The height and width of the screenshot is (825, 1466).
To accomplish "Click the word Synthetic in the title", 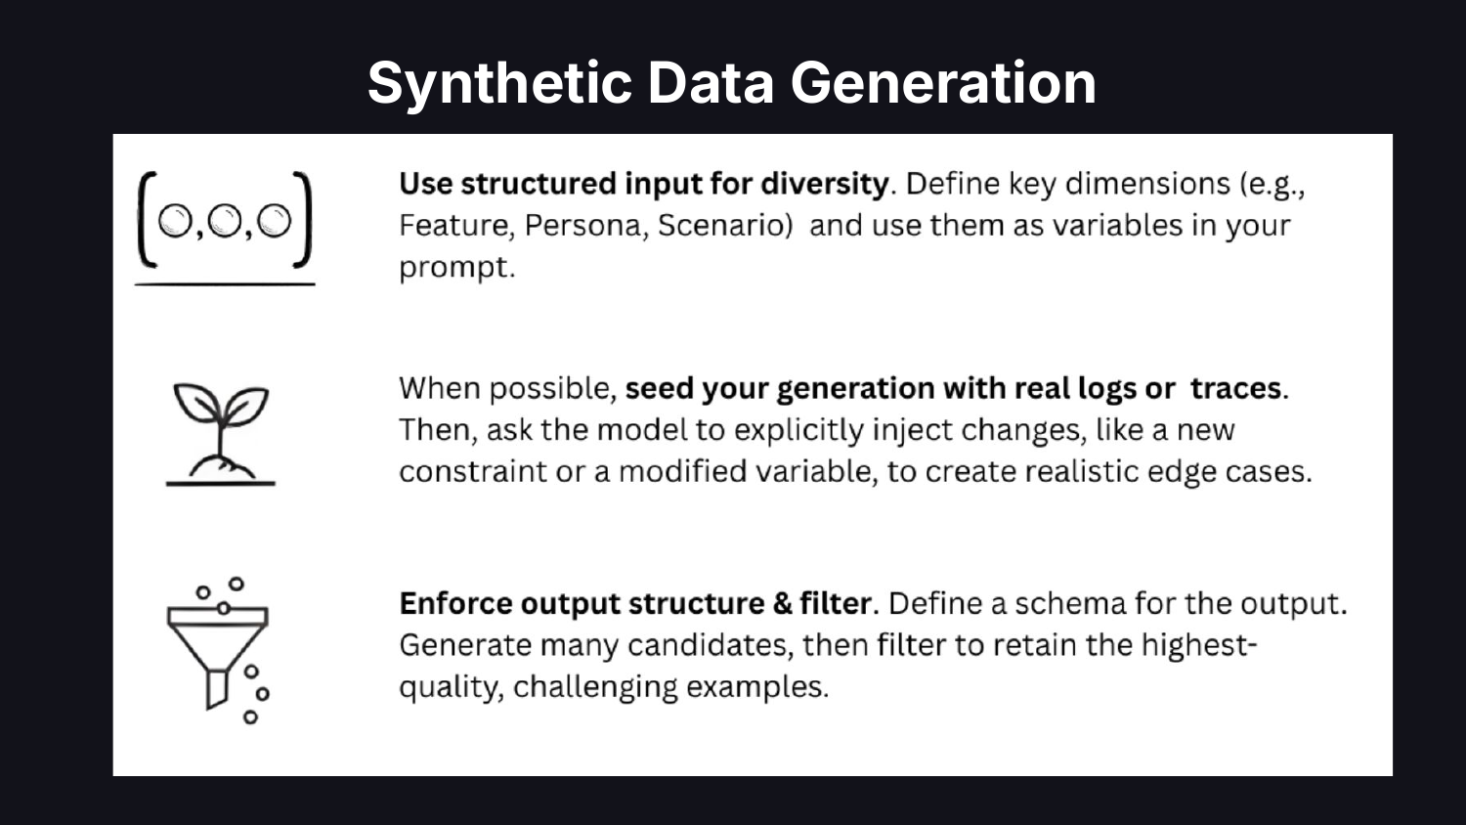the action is click(x=499, y=83).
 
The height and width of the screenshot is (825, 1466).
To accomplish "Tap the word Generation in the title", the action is click(x=943, y=82).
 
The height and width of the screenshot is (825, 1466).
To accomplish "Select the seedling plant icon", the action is click(x=221, y=434).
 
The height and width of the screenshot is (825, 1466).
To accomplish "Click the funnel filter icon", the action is click(x=219, y=651).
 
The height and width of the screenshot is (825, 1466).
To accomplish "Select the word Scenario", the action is click(x=724, y=225).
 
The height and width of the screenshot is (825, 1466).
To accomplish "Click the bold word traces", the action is click(x=1235, y=388).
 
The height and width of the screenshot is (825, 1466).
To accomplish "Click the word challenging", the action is click(x=595, y=688).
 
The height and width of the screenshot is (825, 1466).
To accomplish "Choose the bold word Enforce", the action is click(x=455, y=604).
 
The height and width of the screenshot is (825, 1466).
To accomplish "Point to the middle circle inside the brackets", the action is click(x=224, y=220).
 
